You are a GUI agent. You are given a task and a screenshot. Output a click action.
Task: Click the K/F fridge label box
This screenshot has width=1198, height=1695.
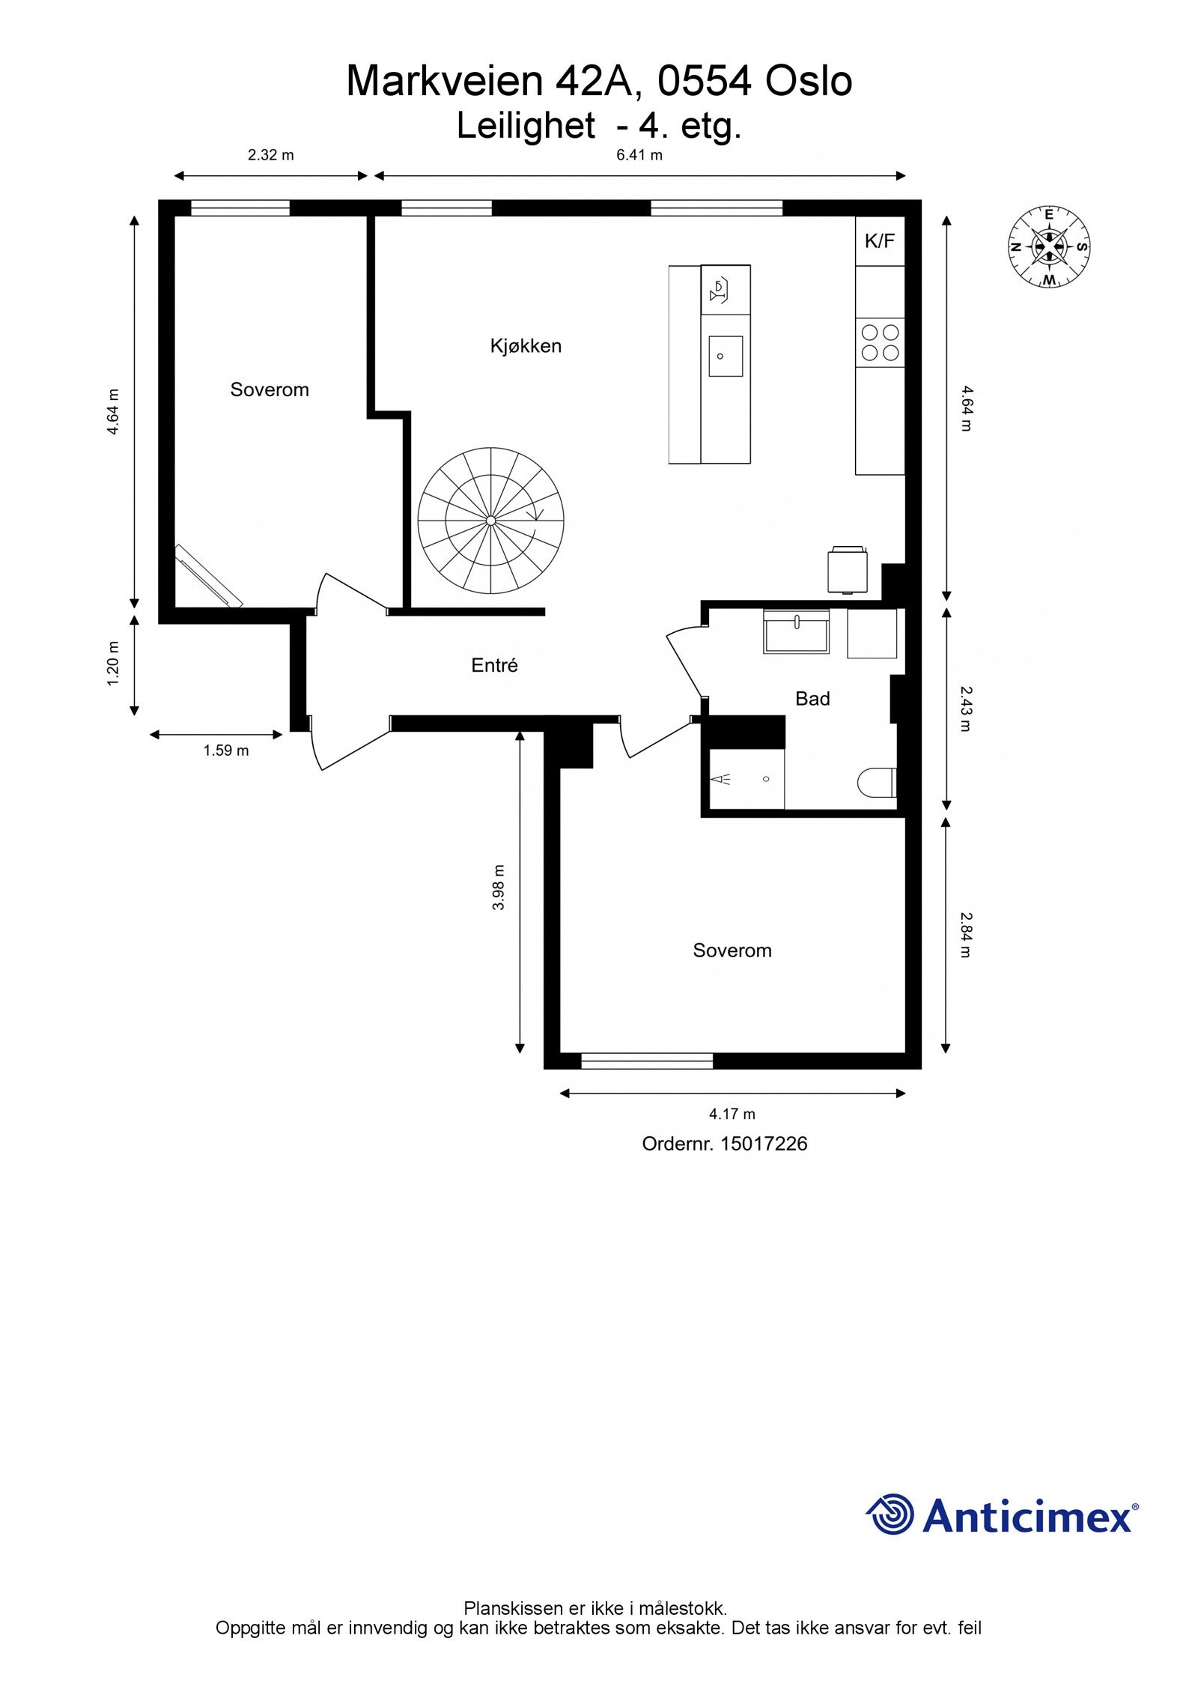point(880,240)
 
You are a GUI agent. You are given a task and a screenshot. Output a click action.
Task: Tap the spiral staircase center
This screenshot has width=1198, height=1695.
point(490,521)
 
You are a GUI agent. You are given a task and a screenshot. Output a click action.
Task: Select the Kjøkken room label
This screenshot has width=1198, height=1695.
point(526,345)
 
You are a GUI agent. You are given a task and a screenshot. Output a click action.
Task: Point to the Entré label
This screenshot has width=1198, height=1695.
point(494,665)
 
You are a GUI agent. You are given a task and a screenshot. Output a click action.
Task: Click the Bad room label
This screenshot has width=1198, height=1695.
point(812,699)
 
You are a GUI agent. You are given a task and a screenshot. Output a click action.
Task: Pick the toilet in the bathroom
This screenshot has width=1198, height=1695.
point(877,783)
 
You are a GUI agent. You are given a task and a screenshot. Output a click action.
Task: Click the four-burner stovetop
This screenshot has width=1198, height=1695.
point(881,342)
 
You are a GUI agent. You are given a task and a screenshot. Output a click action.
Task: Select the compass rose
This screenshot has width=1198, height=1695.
point(1048,246)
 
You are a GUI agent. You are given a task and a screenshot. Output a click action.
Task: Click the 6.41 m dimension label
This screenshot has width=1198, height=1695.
point(639,156)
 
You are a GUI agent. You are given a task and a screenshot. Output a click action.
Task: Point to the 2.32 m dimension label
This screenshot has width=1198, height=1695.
point(271,156)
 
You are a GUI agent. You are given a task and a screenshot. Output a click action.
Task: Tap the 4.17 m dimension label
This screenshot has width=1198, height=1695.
point(732,1114)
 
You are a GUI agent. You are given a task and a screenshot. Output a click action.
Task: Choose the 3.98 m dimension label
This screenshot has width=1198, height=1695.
point(499,888)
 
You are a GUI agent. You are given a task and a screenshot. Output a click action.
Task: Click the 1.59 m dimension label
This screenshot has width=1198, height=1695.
point(226,750)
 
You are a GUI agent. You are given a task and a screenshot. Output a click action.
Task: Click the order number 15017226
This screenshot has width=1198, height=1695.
point(764,1144)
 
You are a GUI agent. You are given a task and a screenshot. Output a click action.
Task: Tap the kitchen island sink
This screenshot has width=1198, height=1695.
point(726,356)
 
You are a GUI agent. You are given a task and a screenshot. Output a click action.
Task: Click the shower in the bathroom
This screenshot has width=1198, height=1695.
point(743,779)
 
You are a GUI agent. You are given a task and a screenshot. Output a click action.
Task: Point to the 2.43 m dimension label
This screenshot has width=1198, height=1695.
point(965,709)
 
